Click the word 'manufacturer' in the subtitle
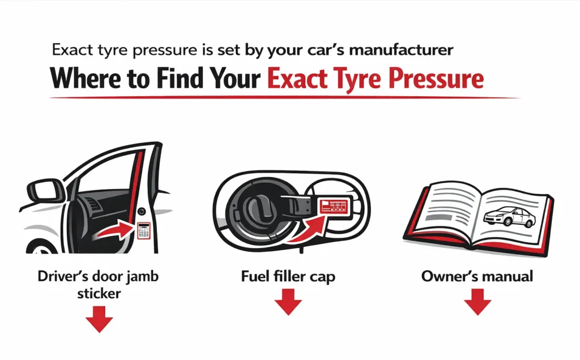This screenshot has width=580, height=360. click(401, 50)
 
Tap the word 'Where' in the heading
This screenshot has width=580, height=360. click(85, 78)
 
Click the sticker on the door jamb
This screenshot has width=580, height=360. click(143, 230)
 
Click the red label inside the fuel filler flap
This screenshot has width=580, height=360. click(334, 205)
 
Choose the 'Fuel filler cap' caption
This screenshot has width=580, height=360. click(288, 277)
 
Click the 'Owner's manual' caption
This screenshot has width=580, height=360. click(477, 276)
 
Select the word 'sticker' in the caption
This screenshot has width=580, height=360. click(99, 293)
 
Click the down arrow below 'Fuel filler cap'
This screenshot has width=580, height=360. click(288, 302)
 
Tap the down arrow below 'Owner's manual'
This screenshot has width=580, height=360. click(477, 302)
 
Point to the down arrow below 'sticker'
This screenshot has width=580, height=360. click(99, 319)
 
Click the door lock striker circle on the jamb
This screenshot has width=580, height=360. click(142, 212)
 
